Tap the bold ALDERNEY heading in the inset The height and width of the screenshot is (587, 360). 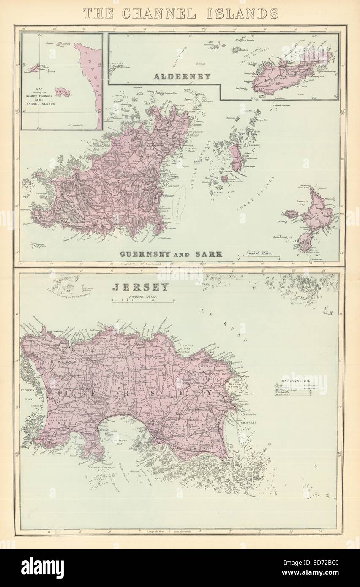[x=182, y=76]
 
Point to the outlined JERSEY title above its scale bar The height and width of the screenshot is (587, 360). [x=140, y=288]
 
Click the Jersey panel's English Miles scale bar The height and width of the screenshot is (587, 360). [x=143, y=300]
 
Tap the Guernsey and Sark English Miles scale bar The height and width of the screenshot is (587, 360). [x=258, y=255]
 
